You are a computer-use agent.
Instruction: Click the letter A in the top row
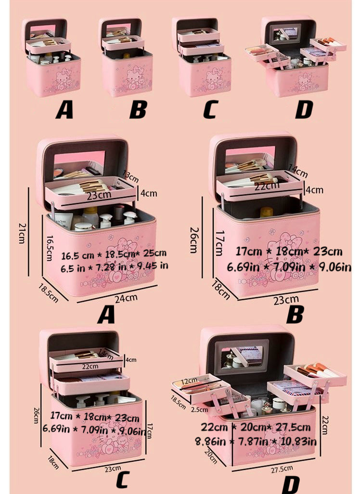[64, 110]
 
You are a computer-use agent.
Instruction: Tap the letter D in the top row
[303, 110]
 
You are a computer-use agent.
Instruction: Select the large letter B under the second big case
[294, 316]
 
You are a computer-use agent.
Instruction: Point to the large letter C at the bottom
[124, 481]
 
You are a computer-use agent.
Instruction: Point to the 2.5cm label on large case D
[198, 410]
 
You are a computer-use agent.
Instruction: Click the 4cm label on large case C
[130, 360]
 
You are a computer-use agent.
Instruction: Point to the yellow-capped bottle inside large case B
[266, 212]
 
